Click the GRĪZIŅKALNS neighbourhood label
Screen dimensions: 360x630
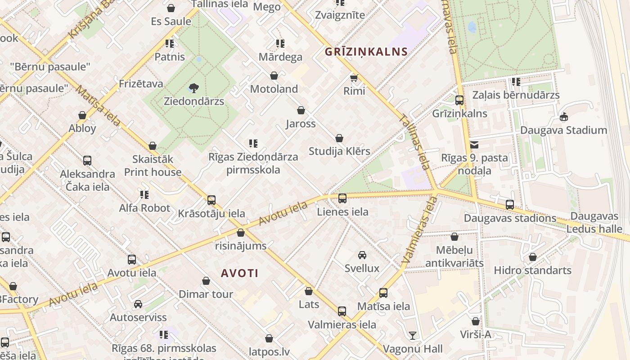tap(366, 52)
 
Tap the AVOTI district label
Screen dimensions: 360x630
tap(240, 273)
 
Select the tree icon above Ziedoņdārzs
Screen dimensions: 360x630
tap(194, 87)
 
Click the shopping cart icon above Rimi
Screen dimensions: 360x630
tap(354, 78)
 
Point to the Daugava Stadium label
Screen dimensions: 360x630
tap(563, 130)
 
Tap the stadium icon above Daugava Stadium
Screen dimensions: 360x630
tap(563, 117)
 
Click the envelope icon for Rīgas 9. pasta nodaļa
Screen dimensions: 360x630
tap(474, 145)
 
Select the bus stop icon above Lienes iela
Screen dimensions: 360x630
tap(342, 198)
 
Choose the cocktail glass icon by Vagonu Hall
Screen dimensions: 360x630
tap(412, 336)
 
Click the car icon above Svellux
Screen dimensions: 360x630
tap(362, 255)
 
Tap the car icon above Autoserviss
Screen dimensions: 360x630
tap(138, 304)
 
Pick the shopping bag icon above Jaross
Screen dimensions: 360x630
tap(301, 110)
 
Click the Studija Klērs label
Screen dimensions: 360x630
tap(339, 151)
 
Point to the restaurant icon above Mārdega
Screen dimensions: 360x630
tap(280, 44)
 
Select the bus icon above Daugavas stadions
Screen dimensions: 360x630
tap(510, 205)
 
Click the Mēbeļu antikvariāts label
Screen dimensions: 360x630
tap(454, 256)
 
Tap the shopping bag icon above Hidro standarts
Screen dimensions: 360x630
tap(533, 257)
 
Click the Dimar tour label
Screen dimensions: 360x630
tap(206, 294)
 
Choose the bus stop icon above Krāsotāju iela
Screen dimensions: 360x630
tap(211, 200)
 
